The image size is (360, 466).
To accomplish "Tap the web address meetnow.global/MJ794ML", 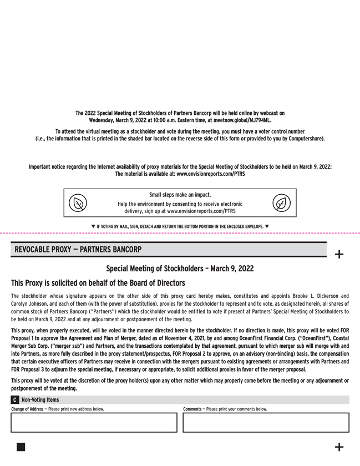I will tap(241, 120).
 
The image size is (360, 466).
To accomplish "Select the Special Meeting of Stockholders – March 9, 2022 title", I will tap(180, 269).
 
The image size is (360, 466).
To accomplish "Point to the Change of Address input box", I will tap(93, 422).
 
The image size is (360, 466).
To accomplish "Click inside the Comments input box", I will tap(266, 422).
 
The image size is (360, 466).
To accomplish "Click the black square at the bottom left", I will tap(21, 447).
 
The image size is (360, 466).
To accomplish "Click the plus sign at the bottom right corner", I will tap(339, 447).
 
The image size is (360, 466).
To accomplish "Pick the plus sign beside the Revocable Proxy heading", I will tap(339, 255).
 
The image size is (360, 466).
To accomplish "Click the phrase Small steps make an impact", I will tap(180, 195).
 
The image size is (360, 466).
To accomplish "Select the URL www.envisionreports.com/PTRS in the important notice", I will tap(211, 174).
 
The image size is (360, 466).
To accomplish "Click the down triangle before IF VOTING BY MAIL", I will tap(93, 226).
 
